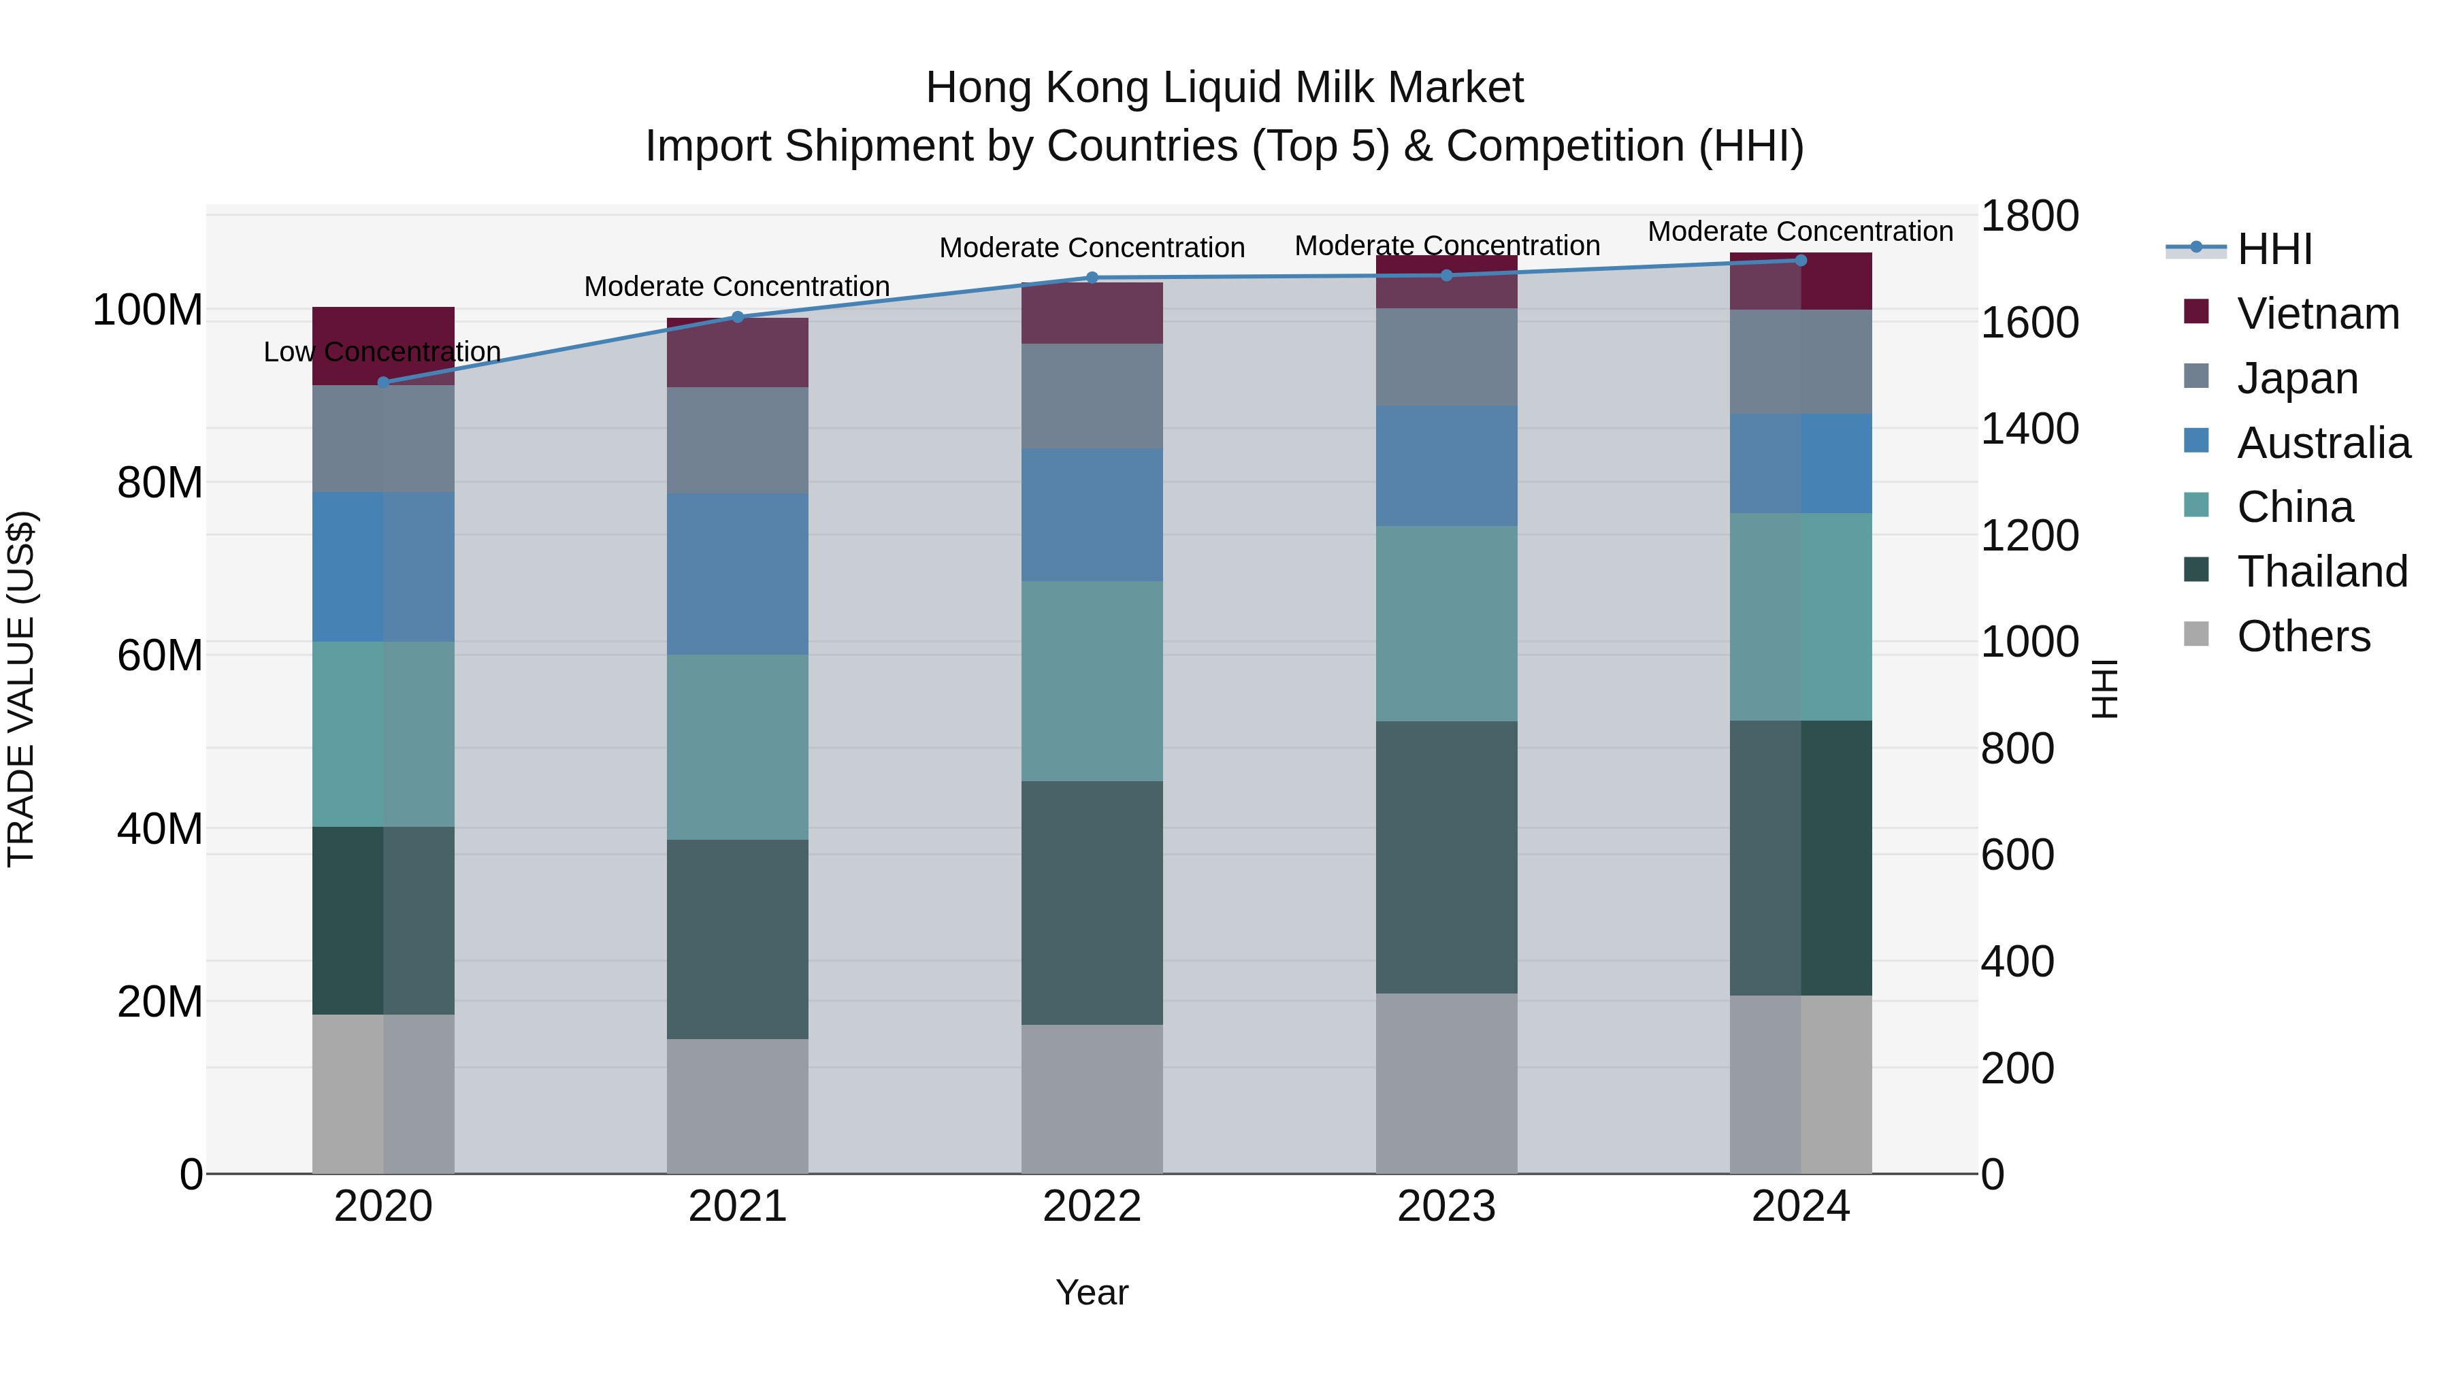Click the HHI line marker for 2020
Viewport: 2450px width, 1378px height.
point(383,382)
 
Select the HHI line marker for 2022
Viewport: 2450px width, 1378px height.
point(1092,278)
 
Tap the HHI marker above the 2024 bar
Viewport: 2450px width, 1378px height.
point(1800,261)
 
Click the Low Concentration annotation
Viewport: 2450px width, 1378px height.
point(382,352)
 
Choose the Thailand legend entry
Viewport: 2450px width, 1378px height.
point(2321,572)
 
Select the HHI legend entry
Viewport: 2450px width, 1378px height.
point(2274,249)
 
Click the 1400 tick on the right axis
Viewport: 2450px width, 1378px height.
point(2029,429)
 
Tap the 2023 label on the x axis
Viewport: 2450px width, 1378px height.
point(1445,1207)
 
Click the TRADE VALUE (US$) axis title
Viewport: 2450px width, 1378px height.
point(21,689)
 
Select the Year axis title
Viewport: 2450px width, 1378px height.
point(1092,1292)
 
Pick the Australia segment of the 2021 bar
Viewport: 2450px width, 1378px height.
point(737,574)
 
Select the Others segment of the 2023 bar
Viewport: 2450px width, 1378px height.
point(1445,1083)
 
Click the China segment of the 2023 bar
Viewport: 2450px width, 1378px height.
point(1445,624)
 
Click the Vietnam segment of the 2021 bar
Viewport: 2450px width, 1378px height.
point(737,352)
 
